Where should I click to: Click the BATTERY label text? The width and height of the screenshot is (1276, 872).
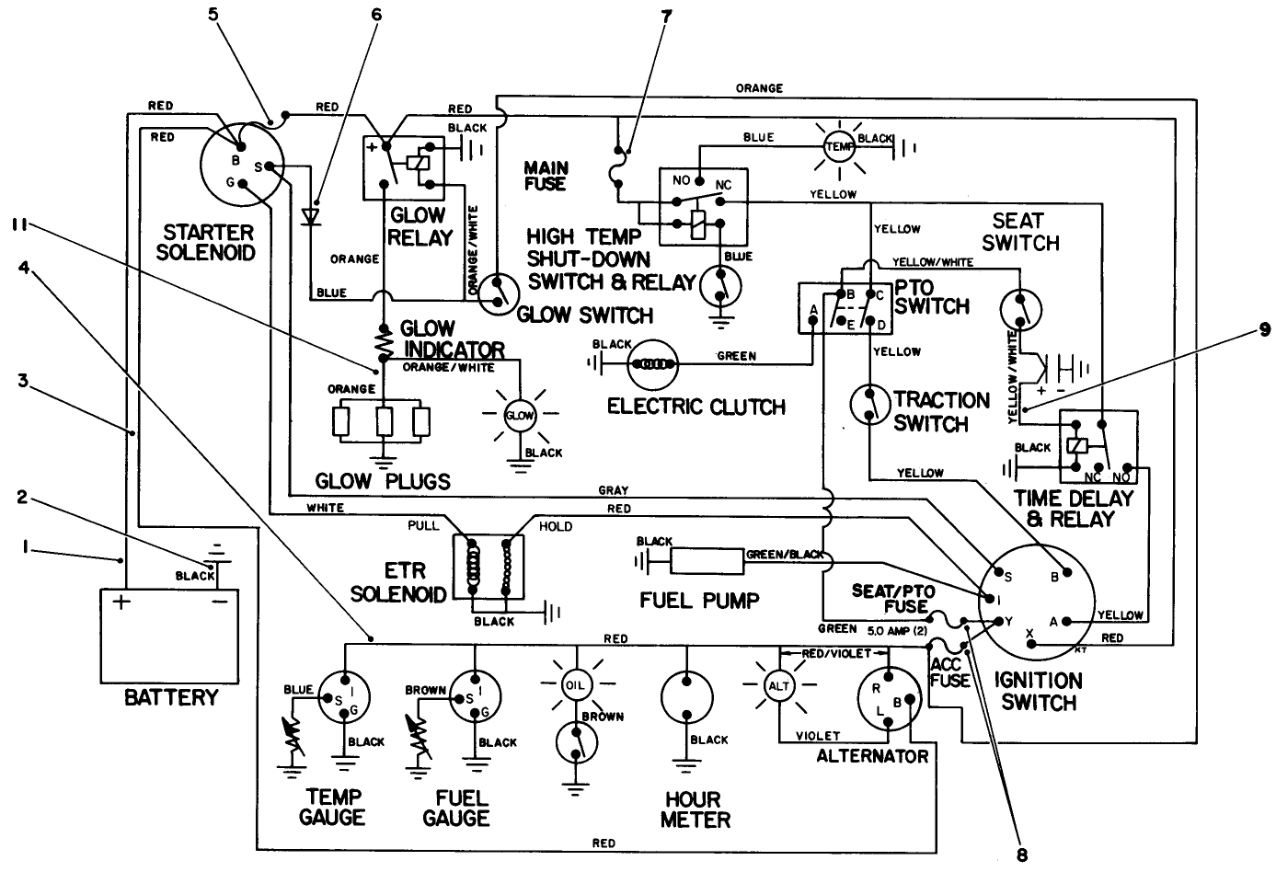171,697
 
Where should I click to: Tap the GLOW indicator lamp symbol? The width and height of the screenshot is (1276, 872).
519,416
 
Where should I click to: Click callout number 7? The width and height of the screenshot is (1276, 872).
665,16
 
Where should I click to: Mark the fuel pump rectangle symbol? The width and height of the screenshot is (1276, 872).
707,560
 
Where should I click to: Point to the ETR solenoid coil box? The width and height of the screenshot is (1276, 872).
489,567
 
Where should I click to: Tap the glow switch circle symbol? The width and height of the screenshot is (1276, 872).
498,291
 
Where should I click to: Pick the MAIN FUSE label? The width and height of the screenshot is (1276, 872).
546,176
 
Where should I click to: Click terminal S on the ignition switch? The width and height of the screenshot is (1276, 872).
1007,576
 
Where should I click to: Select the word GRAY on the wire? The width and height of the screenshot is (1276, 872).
614,491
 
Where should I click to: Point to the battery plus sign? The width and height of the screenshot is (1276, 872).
120,602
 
